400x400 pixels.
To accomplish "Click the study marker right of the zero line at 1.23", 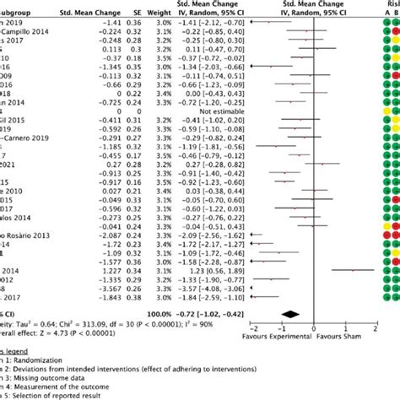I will tap(357, 269).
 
